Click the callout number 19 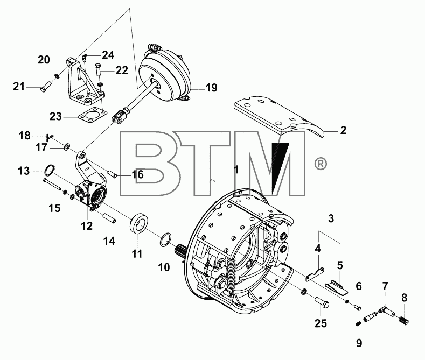tap(211, 88)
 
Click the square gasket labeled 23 tap(92, 115)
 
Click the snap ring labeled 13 tap(50, 170)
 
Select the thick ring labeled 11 tap(139, 221)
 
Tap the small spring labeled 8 tap(404, 320)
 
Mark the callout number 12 tap(87, 225)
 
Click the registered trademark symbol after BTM tap(320, 164)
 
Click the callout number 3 tap(331, 218)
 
